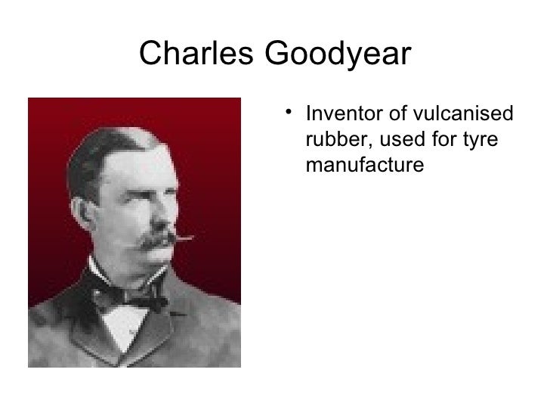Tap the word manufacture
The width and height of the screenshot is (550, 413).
(362, 163)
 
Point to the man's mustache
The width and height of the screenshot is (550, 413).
(159, 240)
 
